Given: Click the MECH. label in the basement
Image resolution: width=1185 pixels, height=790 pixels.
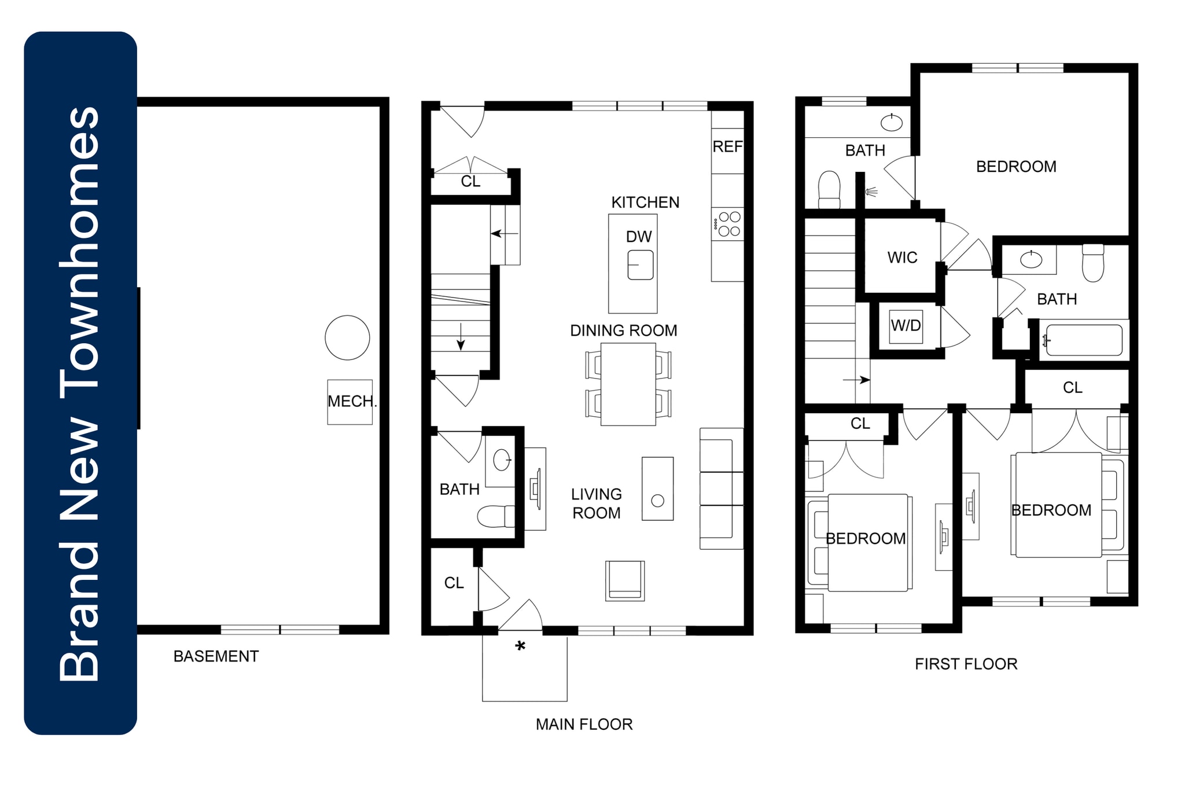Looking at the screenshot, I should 351,401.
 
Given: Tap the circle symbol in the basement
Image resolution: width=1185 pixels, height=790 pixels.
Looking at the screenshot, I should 347,338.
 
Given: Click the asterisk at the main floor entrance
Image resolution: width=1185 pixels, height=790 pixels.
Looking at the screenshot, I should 520,647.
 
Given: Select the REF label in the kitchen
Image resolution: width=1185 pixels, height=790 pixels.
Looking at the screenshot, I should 727,147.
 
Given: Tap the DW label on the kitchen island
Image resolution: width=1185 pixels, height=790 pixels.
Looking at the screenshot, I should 639,237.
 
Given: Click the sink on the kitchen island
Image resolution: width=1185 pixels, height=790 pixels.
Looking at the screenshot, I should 641,265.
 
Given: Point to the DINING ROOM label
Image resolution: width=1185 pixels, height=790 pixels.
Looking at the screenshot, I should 623,330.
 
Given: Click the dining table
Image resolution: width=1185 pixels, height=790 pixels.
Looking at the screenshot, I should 628,384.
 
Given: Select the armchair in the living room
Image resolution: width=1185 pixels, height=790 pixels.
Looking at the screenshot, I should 625,580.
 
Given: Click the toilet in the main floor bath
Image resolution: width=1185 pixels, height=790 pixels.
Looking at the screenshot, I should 495,516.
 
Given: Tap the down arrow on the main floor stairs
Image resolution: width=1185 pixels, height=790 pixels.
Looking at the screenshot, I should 461,337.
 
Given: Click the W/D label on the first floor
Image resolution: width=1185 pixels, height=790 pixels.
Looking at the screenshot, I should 906,325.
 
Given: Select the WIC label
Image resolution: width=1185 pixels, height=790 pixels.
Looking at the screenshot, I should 902,258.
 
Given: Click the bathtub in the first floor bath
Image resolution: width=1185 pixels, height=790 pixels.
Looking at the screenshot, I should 1084,340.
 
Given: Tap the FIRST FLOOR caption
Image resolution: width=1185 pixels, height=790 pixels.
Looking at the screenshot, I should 966,664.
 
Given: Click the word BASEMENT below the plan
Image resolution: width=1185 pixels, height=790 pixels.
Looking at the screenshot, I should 216,656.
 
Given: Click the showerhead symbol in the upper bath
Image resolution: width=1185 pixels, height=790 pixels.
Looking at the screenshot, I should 870,192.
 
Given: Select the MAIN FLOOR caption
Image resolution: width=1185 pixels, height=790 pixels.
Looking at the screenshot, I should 584,724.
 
